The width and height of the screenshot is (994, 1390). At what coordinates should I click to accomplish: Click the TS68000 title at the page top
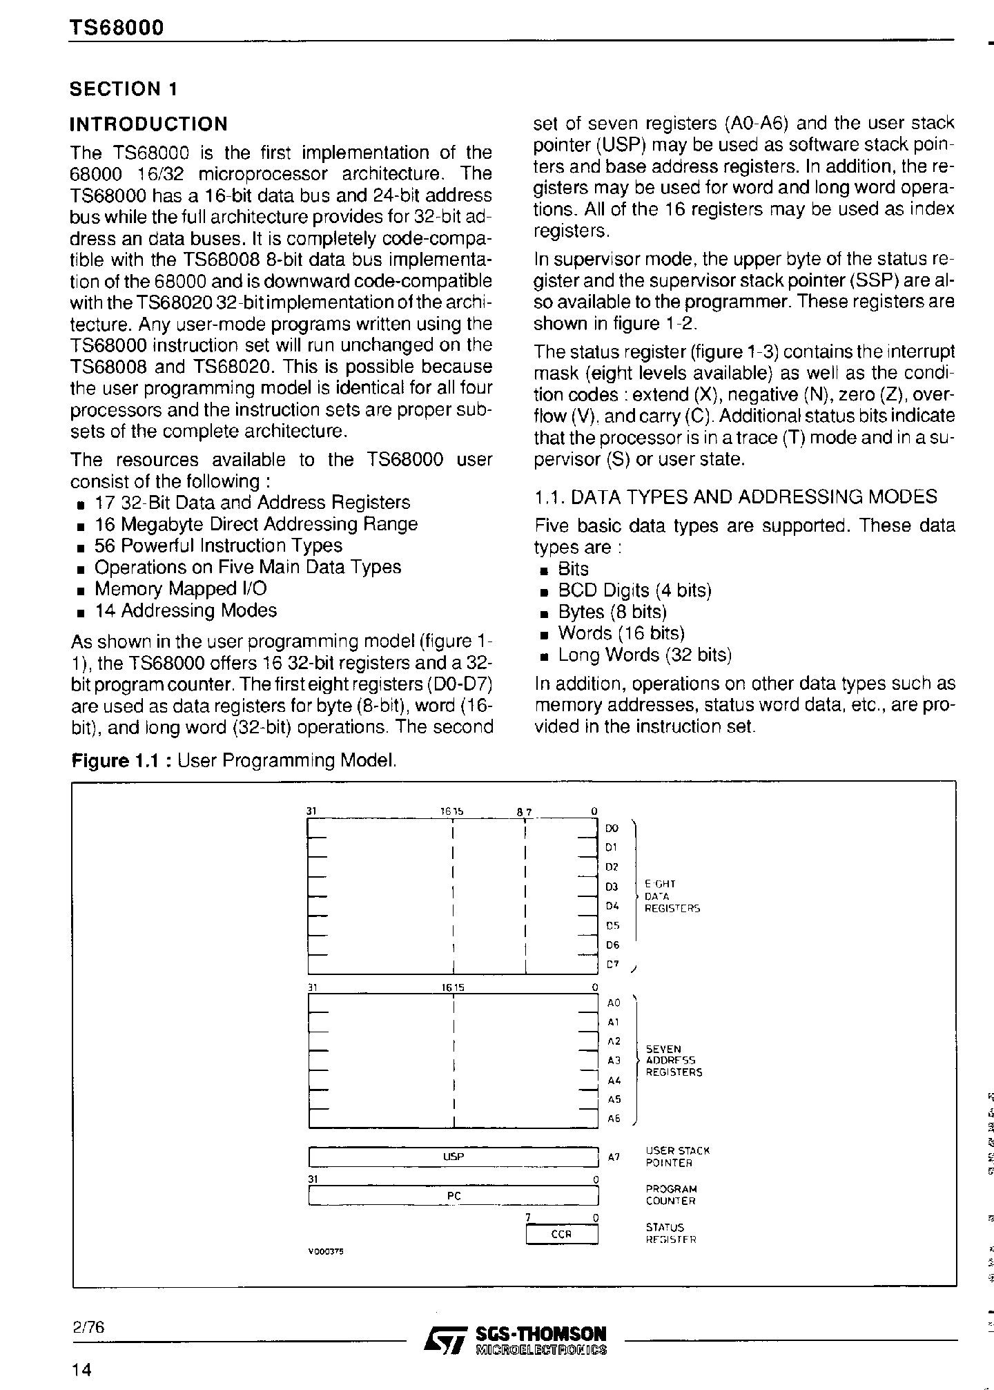coord(116,27)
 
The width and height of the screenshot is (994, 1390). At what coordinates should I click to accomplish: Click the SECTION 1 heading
coord(124,89)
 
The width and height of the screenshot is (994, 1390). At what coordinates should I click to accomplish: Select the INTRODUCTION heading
coord(148,124)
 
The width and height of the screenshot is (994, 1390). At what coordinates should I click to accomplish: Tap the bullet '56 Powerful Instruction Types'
coord(218,546)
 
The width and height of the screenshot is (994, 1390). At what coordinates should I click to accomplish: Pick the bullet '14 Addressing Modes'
coord(185,610)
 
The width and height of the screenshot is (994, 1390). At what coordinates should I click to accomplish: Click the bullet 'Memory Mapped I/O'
coord(180,589)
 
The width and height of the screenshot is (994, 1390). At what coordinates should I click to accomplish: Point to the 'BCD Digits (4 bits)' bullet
coord(634,590)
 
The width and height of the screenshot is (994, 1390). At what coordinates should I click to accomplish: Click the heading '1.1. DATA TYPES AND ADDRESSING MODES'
coord(737,497)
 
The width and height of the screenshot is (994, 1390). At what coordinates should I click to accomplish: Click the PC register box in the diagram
coord(453,1195)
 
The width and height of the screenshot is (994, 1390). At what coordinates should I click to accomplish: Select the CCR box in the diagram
coord(561,1234)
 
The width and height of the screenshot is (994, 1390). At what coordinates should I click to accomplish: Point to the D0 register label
coord(612,828)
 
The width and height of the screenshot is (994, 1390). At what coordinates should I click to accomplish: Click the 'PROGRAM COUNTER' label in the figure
coord(671,1195)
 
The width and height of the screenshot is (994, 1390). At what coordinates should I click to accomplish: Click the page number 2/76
coord(87,1327)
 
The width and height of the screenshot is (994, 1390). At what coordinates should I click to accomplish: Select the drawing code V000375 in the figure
coord(325,1251)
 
